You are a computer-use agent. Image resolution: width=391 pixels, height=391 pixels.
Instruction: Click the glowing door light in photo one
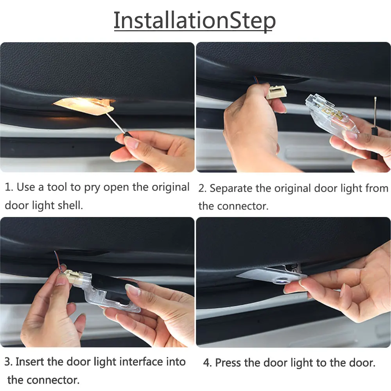click(x=84, y=106)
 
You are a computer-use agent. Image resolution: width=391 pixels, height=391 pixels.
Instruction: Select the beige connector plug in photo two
click(x=276, y=92)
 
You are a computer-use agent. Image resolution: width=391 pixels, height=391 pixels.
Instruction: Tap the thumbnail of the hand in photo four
click(x=303, y=282)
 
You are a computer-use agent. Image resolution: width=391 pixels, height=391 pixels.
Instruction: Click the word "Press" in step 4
click(x=228, y=362)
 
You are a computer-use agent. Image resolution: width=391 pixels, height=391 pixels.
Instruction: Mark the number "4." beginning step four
click(x=208, y=363)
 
